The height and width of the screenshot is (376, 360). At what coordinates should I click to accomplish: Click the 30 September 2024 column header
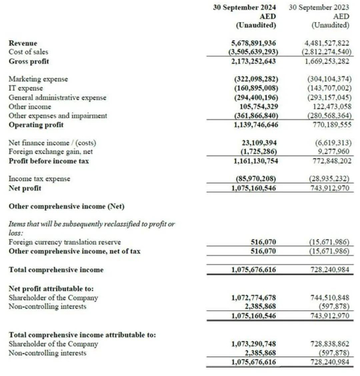tap(244, 8)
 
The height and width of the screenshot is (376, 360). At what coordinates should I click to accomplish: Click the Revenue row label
tap(23, 44)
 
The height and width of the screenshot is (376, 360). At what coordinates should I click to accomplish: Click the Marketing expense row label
tap(38, 80)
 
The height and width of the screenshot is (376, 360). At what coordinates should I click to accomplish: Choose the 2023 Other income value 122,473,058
tap(327, 106)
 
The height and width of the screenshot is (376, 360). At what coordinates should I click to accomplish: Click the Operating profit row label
tap(35, 125)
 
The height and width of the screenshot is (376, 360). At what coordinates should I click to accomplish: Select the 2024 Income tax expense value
tap(254, 179)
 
